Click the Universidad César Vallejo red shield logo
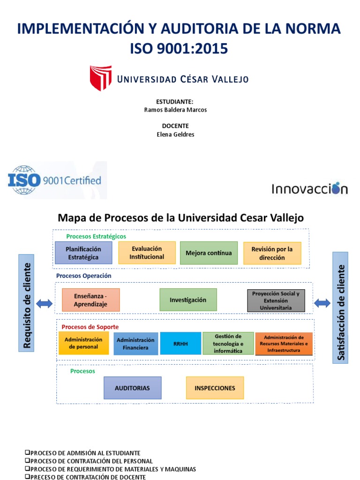(100, 78)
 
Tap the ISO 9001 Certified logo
(55, 180)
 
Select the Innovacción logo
(309, 188)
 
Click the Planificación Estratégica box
(83, 253)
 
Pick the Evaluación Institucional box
(147, 253)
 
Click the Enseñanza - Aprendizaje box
(90, 300)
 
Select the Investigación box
(188, 300)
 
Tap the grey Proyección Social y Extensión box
(276, 300)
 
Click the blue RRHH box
(180, 344)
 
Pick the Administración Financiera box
(135, 344)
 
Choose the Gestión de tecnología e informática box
(228, 344)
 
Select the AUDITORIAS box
(132, 388)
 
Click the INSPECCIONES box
(215, 388)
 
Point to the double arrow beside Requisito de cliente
(45, 304)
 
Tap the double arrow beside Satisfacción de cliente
(322, 303)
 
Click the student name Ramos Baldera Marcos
(175, 110)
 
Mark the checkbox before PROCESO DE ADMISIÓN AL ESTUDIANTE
(27, 453)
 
